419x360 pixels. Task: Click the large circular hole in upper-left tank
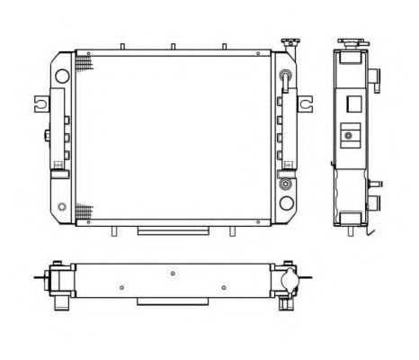[x=62, y=76]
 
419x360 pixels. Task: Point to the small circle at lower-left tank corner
[x=60, y=208]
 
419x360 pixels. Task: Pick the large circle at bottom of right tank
[x=287, y=185]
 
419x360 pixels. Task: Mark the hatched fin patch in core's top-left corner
[x=84, y=64]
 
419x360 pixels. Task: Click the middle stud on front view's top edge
[x=171, y=46]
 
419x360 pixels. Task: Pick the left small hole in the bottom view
[x=120, y=288]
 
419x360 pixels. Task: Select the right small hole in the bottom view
[x=224, y=288]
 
